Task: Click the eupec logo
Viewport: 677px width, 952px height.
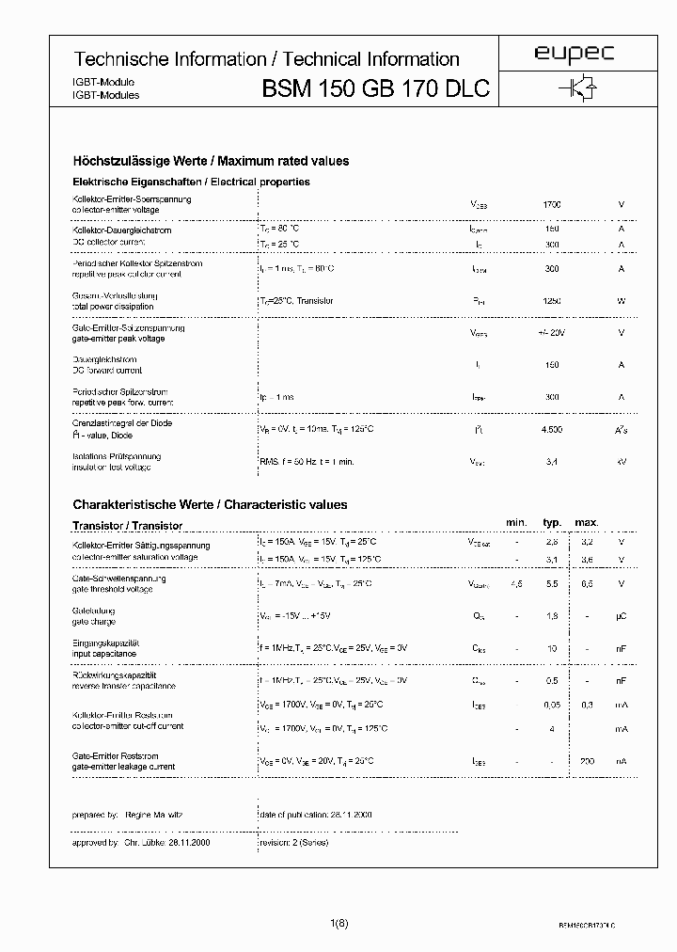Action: tap(575, 56)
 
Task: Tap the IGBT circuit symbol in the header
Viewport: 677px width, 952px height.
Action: tap(575, 88)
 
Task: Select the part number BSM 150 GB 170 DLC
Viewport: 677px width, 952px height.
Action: tap(376, 90)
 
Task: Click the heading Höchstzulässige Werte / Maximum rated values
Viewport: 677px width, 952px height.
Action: tap(211, 161)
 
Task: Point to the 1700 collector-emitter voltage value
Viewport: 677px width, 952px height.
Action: tap(552, 204)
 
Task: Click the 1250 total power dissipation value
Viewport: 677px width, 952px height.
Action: tap(552, 301)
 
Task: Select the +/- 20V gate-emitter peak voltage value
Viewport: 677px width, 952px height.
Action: tap(552, 333)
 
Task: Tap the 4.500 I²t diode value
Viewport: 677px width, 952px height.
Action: tap(552, 429)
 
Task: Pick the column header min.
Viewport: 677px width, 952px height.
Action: tap(516, 522)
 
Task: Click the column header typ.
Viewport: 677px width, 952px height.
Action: tap(552, 522)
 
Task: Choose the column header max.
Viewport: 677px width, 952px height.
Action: tap(587, 522)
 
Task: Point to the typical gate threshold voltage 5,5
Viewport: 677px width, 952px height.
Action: tap(552, 584)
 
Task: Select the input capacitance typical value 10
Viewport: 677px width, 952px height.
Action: tap(552, 649)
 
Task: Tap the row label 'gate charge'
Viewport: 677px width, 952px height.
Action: tap(94, 622)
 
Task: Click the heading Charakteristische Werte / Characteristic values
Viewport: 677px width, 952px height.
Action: tap(210, 505)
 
